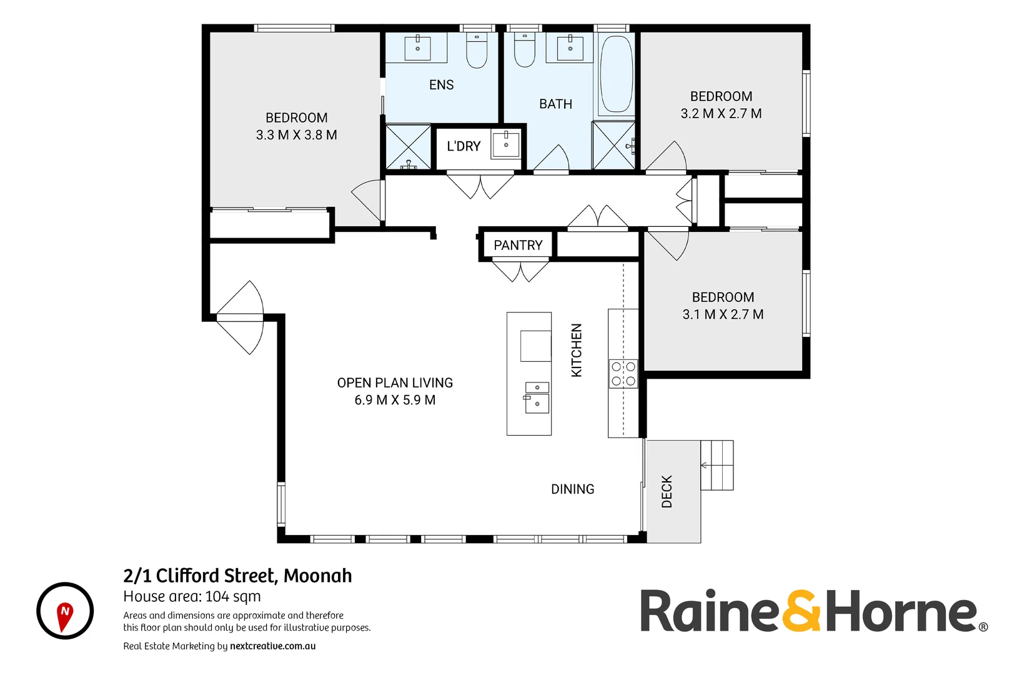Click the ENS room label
pyautogui.click(x=441, y=85)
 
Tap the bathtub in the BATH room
pyautogui.click(x=616, y=74)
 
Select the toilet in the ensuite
pyautogui.click(x=477, y=52)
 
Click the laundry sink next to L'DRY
pyautogui.click(x=506, y=144)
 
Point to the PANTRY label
pyautogui.click(x=518, y=246)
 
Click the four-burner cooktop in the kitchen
pyautogui.click(x=623, y=374)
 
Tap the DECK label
pyautogui.click(x=667, y=491)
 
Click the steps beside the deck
pyautogui.click(x=717, y=465)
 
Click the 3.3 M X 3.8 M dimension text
pyautogui.click(x=296, y=135)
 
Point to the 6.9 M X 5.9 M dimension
pyautogui.click(x=395, y=400)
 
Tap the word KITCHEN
pyautogui.click(x=577, y=350)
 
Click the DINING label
pyautogui.click(x=572, y=489)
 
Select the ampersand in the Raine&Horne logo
pyautogui.click(x=801, y=611)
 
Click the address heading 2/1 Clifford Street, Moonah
pyautogui.click(x=237, y=576)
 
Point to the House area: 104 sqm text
pyautogui.click(x=192, y=597)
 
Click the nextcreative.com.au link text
pyautogui.click(x=272, y=646)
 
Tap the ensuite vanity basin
pyautogui.click(x=417, y=47)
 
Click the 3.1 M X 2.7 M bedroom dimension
pyautogui.click(x=723, y=314)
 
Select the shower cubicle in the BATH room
pyautogui.click(x=613, y=146)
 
